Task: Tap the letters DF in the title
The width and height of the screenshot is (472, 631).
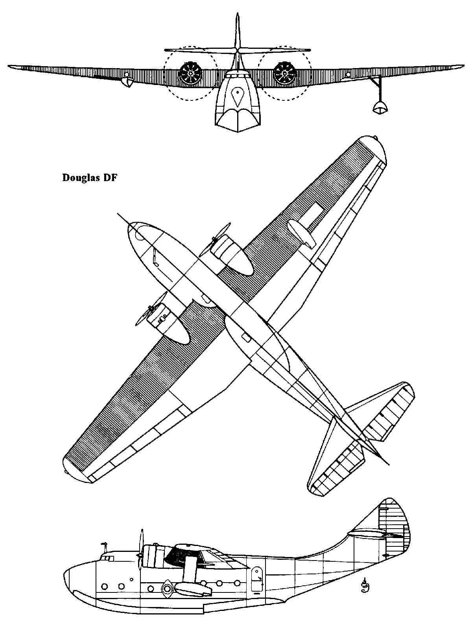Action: coord(111,178)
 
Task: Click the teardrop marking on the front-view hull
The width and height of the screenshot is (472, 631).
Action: coord(238,97)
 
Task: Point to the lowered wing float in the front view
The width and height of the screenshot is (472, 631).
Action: coord(380,107)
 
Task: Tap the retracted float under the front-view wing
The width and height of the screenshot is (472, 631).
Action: coord(127,83)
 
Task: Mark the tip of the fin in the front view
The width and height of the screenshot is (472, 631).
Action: coord(238,13)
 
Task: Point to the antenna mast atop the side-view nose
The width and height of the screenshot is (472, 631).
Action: coord(105,546)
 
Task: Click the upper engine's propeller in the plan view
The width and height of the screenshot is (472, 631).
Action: coord(215,239)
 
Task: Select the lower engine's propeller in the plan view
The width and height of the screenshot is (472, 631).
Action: coord(151,309)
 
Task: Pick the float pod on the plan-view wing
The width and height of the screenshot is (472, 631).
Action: coord(300,233)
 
